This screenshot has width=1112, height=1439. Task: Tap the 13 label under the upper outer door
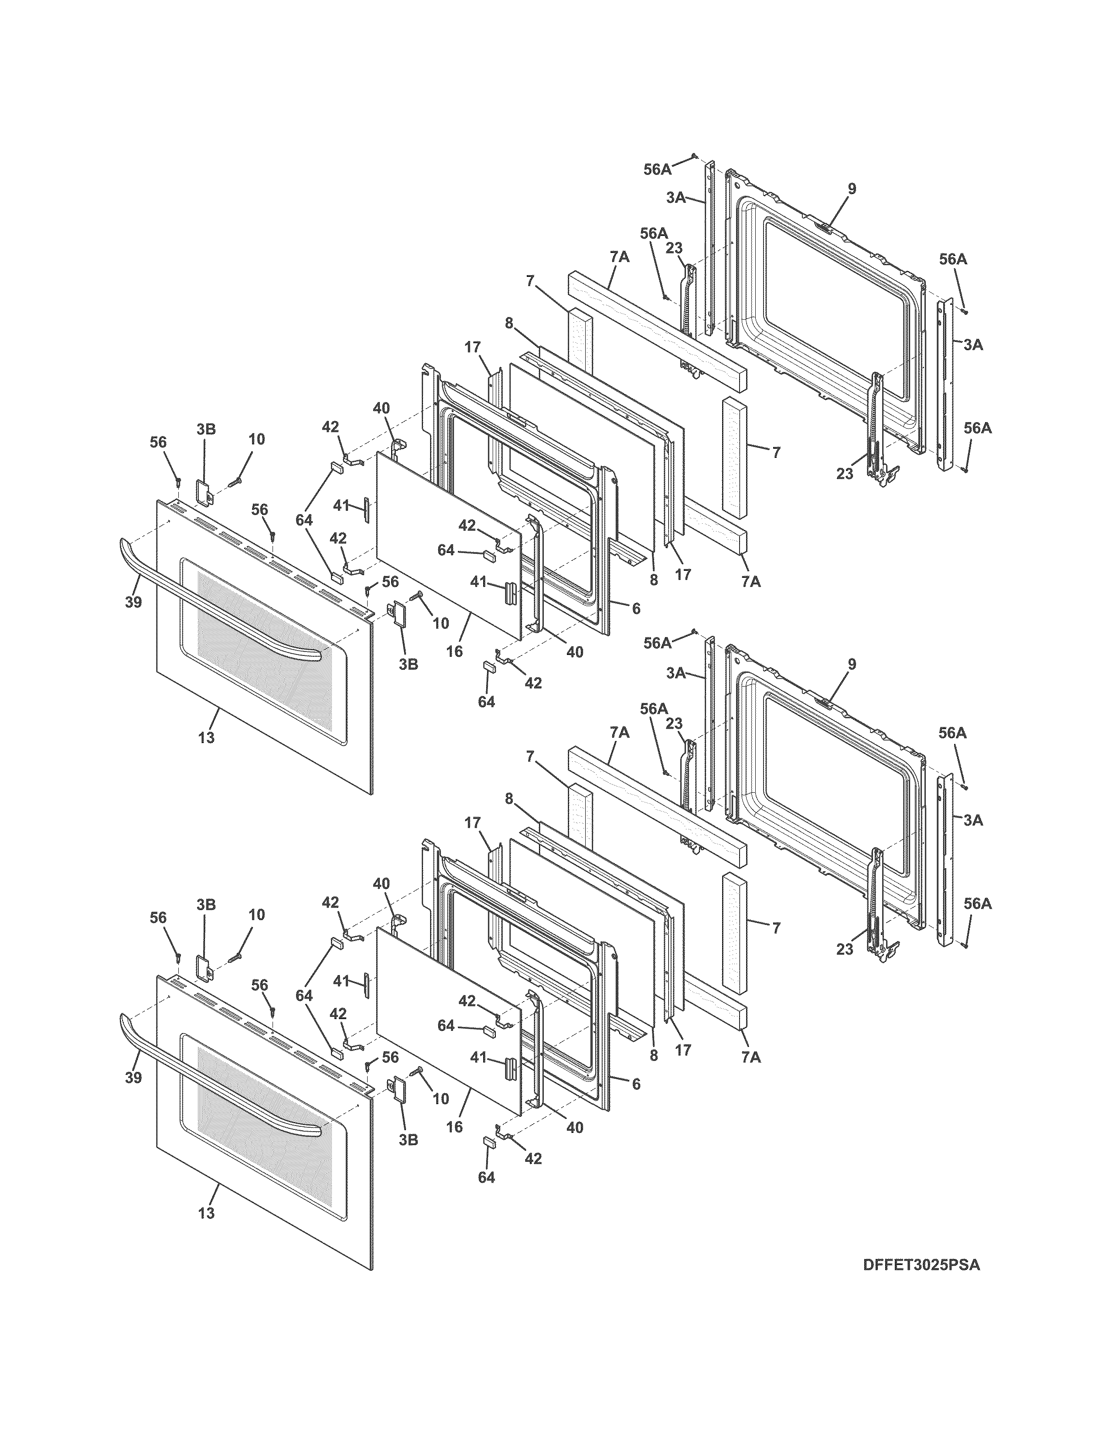pos(206,738)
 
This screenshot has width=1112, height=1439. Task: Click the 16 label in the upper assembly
pos(454,651)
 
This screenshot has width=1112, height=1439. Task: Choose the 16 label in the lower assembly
pos(454,1127)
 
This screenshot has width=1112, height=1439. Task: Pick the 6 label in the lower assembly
pos(636,1084)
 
